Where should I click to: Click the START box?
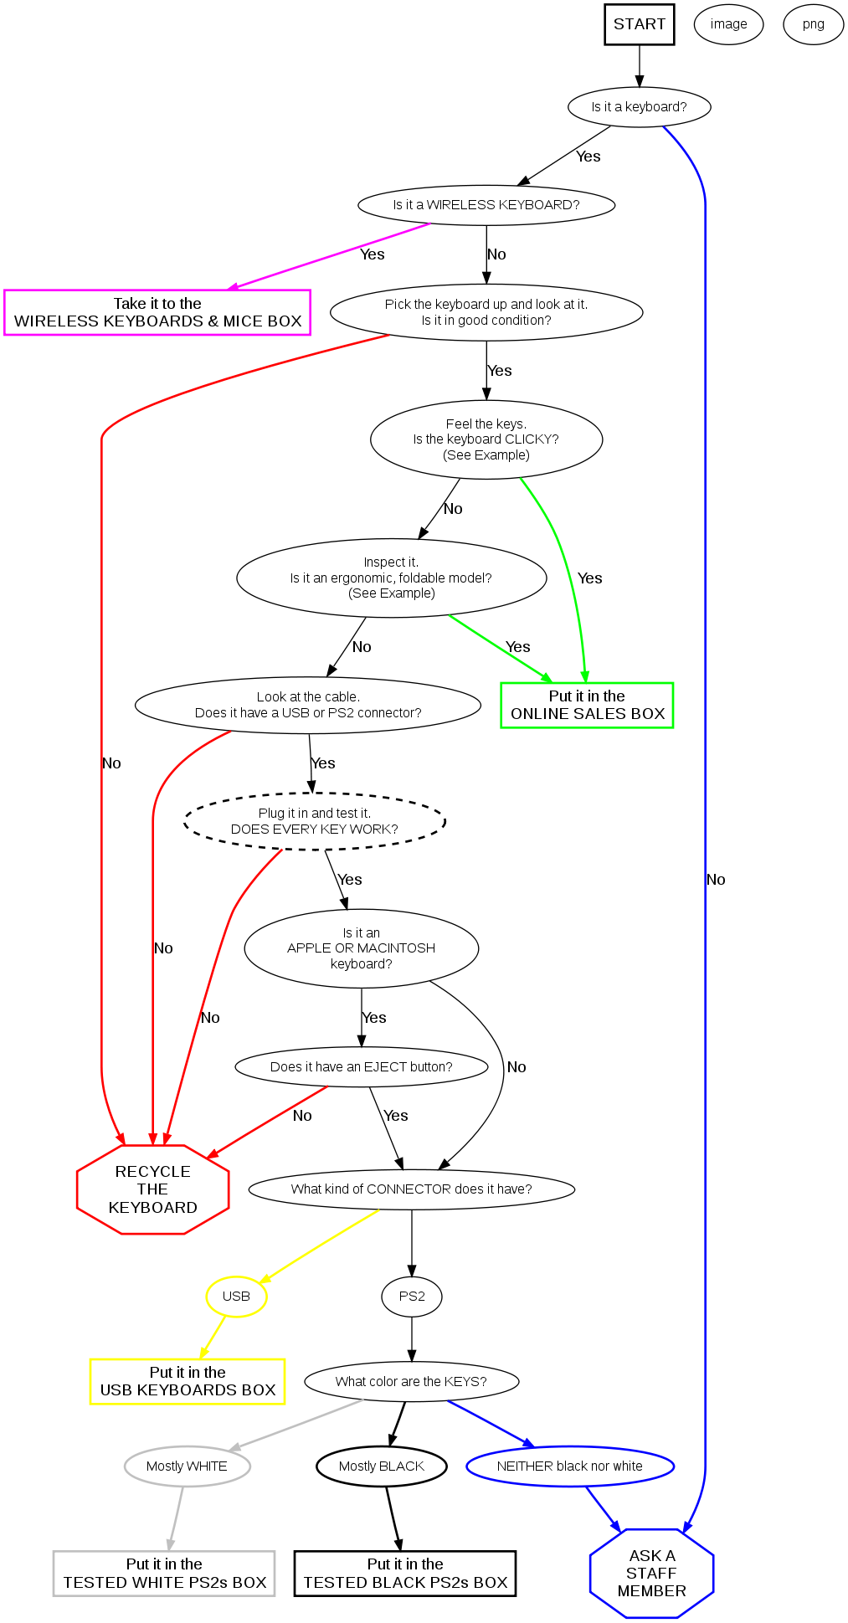coord(640,24)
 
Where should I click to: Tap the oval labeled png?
coord(813,24)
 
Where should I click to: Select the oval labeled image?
coord(728,24)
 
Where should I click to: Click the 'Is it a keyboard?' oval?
coord(639,107)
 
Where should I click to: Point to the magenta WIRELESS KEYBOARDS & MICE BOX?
coord(157,312)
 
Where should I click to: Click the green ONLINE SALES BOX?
coord(587,705)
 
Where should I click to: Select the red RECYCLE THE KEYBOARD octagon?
coord(152,1189)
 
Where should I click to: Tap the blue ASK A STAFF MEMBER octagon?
coord(651,1573)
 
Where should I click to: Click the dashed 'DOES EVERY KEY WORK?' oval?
coord(314,821)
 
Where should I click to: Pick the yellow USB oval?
coord(236,1297)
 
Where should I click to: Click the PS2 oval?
coord(412,1297)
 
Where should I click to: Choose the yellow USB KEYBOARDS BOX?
coord(188,1381)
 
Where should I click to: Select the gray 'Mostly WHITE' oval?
coord(187,1466)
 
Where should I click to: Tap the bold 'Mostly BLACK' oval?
coord(381,1466)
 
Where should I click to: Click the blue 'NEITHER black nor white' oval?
coord(569,1466)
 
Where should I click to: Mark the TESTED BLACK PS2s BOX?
coord(405,1574)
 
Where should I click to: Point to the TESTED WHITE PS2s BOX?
coord(164,1574)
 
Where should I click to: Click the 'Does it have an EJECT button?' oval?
coord(361,1067)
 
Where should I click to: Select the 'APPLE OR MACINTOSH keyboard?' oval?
coord(361,948)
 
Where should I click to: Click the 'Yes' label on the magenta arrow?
coord(373,254)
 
